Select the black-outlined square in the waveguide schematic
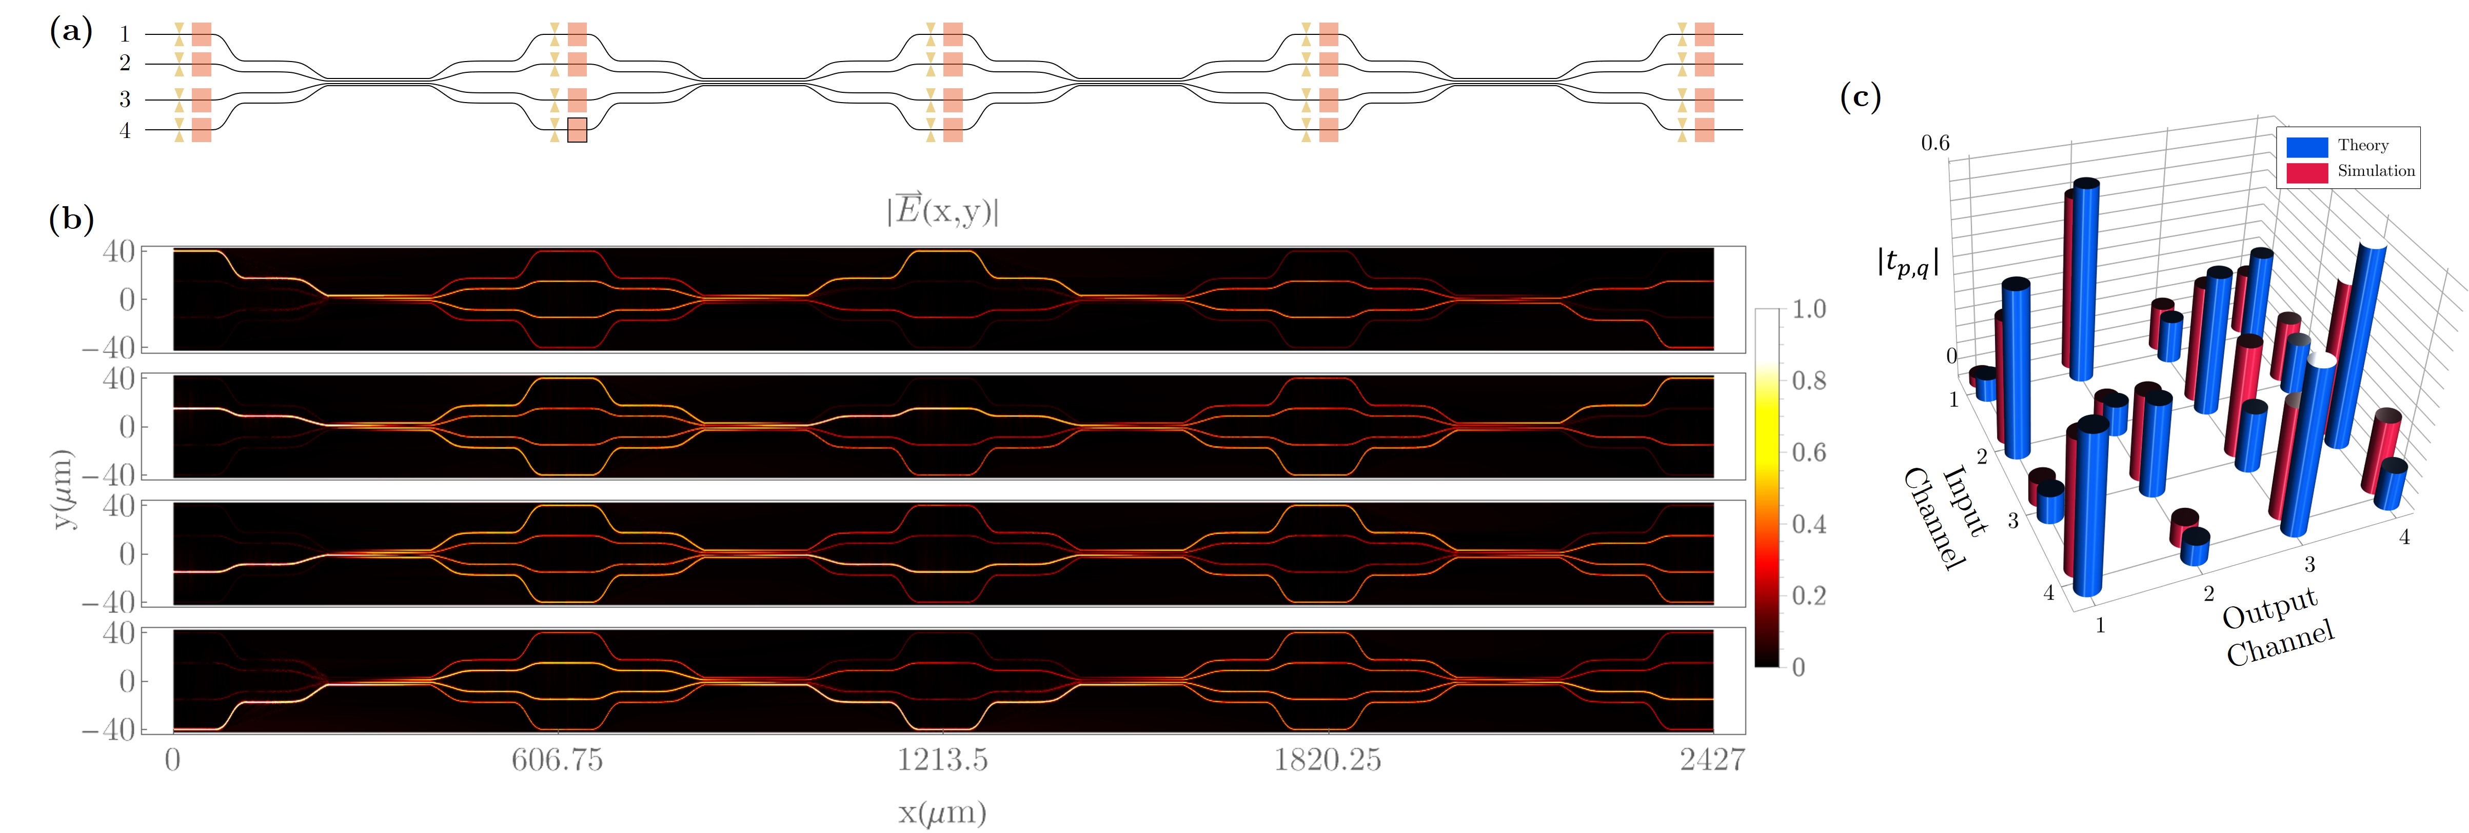click(x=577, y=130)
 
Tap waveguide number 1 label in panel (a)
click(x=125, y=34)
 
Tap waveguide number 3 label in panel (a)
click(x=125, y=98)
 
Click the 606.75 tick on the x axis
click(x=557, y=760)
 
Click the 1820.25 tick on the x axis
click(x=1328, y=760)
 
